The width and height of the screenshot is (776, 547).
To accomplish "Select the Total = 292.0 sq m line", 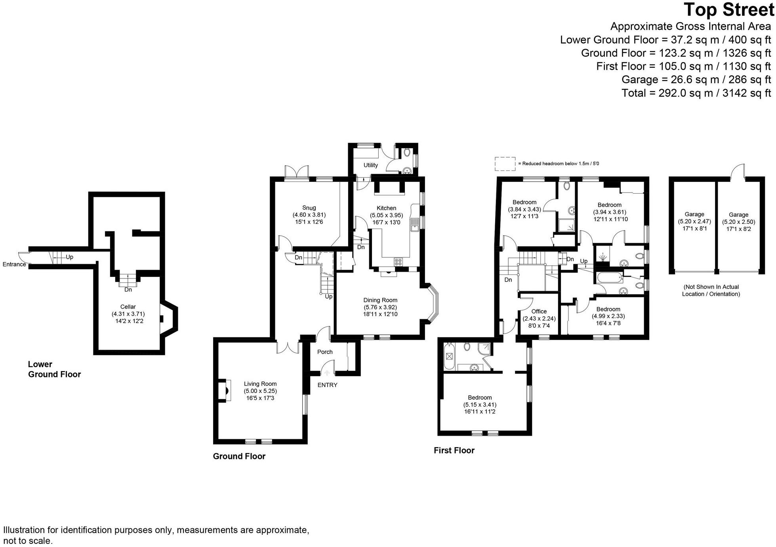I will click(696, 93).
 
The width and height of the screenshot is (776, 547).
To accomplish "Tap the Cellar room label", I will click(128, 307).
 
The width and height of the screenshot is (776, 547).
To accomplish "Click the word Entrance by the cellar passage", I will click(14, 264).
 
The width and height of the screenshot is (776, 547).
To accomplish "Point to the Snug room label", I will click(309, 208).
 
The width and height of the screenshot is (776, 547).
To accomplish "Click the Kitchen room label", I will click(386, 208).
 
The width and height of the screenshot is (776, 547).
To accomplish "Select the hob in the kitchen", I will click(398, 262).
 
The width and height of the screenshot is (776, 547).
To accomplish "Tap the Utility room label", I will click(371, 165).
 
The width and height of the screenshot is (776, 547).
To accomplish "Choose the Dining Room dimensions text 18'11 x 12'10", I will click(380, 314).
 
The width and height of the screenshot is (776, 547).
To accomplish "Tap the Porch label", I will click(325, 352).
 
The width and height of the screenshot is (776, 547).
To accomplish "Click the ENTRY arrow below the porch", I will click(327, 373).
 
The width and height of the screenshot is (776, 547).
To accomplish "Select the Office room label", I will click(539, 311).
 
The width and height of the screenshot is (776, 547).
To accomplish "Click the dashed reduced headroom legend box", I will click(505, 164).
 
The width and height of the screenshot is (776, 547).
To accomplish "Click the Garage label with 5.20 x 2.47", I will click(694, 214).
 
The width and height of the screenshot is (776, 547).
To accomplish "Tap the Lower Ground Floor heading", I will click(54, 369).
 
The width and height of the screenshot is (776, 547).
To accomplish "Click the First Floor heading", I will click(454, 450).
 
